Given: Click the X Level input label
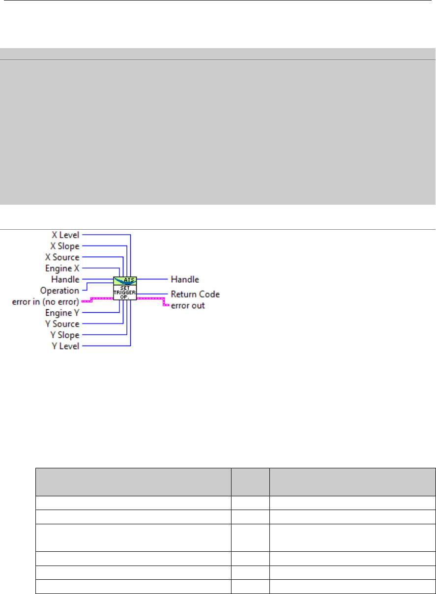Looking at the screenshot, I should (x=65, y=235).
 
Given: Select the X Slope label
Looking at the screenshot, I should (x=65, y=246).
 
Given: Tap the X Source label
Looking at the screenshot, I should (x=62, y=257).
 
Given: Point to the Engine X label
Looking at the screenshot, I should (x=62, y=269).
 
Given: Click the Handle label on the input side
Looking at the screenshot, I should (x=66, y=279).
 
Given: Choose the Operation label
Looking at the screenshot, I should (x=59, y=291).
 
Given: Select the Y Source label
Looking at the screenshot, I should (x=62, y=324).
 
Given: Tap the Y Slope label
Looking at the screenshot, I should (x=65, y=335).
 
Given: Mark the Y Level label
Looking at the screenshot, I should (x=65, y=347).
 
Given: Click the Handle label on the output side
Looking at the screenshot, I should (x=185, y=279).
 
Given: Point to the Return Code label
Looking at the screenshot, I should (x=195, y=295).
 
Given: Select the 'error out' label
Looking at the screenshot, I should (x=188, y=305).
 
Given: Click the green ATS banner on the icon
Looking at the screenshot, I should (x=125, y=280).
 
